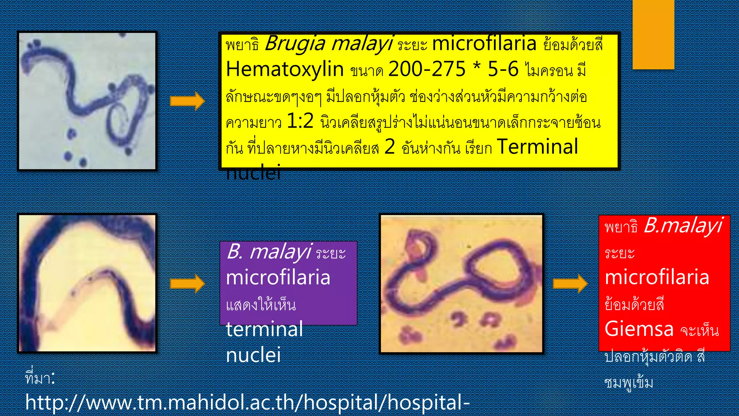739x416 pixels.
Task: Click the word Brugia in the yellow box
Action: [295, 44]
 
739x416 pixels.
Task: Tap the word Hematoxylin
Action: [284, 69]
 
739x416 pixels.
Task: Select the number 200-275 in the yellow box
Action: [427, 69]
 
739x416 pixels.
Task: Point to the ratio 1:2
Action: [299, 121]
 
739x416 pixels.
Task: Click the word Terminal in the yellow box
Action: [537, 147]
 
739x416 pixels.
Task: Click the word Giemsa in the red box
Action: [639, 329]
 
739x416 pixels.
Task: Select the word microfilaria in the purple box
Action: [278, 278]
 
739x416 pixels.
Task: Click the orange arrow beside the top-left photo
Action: [187, 101]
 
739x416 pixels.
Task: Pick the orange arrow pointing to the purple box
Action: [187, 283]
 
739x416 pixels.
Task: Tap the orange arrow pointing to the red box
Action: [570, 283]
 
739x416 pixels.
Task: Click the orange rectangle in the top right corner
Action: [653, 34]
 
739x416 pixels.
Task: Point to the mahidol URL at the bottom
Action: [247, 403]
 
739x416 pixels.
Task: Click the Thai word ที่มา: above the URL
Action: [40, 378]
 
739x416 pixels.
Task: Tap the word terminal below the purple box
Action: [264, 329]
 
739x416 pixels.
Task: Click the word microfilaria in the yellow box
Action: [484, 44]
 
